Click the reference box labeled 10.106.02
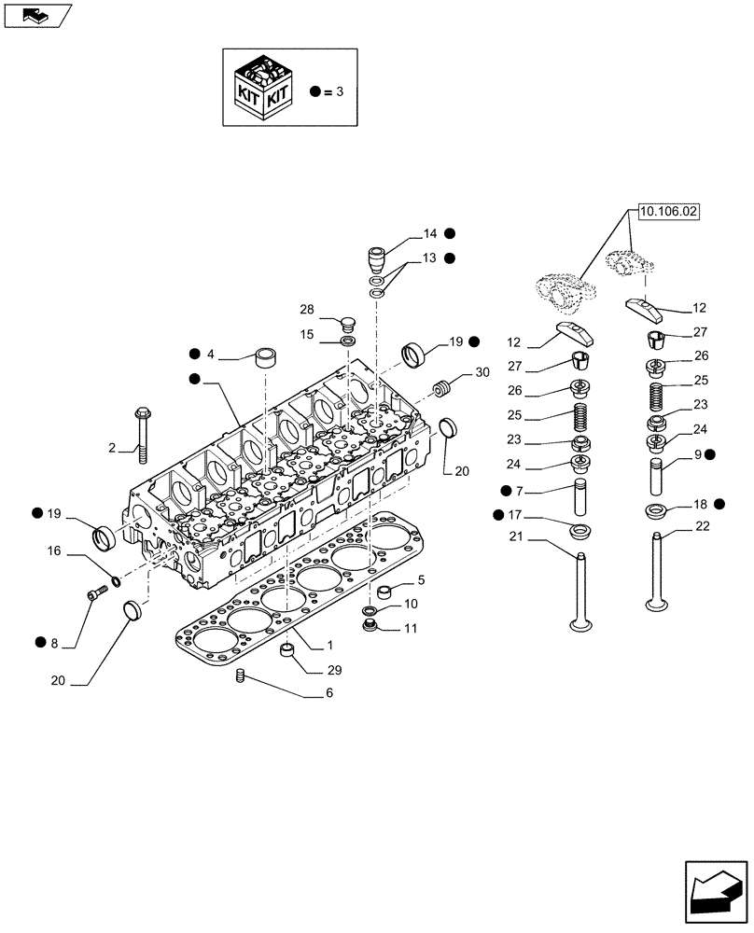click(667, 213)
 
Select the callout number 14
click(429, 233)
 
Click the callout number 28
click(307, 309)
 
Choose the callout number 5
click(420, 580)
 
